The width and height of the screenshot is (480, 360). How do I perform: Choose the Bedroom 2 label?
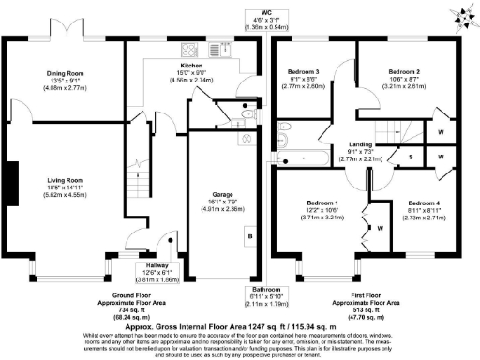click(x=405, y=72)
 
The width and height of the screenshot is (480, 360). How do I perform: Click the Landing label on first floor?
click(x=363, y=144)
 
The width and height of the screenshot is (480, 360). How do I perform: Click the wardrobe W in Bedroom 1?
click(x=381, y=228)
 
